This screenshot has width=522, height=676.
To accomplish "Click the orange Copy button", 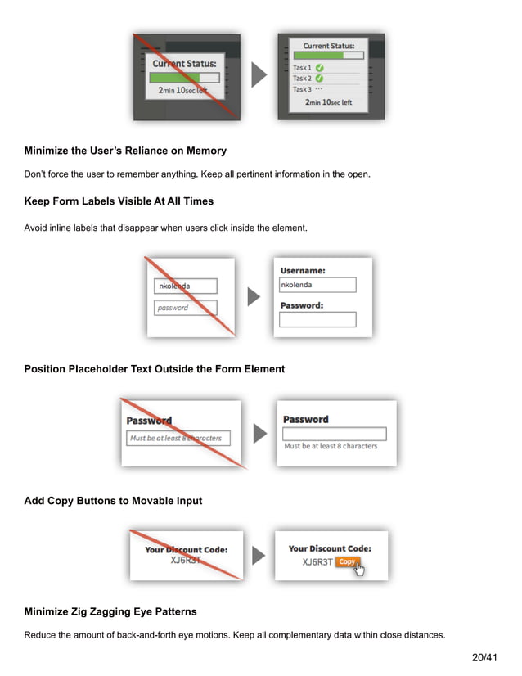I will [x=347, y=562].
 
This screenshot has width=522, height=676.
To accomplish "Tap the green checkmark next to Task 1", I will [x=319, y=68].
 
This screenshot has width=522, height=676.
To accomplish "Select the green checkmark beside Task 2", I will [x=319, y=79].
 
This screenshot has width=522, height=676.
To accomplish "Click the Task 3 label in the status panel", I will [x=302, y=89].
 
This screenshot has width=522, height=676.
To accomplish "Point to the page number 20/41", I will [x=485, y=657].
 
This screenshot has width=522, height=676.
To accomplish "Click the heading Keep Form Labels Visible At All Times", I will [x=119, y=201].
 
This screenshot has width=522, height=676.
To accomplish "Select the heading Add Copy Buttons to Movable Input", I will [x=113, y=501].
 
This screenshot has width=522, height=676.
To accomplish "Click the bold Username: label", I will [x=303, y=270].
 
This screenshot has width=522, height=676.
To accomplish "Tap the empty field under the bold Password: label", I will [x=317, y=320].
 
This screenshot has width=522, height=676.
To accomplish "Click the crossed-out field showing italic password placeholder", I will [x=185, y=308].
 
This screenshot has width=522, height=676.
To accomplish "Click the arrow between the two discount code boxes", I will [x=259, y=556].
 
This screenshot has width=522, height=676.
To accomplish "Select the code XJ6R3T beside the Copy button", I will [x=317, y=562].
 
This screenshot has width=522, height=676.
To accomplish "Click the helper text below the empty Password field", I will [x=331, y=446].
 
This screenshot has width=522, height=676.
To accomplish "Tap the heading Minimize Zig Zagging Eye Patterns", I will [x=110, y=612].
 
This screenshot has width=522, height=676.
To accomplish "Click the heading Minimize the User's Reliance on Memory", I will [x=125, y=151].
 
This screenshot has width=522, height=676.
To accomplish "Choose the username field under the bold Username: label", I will [x=317, y=285].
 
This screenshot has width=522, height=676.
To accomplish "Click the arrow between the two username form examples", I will [x=254, y=297].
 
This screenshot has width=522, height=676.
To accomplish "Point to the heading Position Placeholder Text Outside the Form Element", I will [x=155, y=369].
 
